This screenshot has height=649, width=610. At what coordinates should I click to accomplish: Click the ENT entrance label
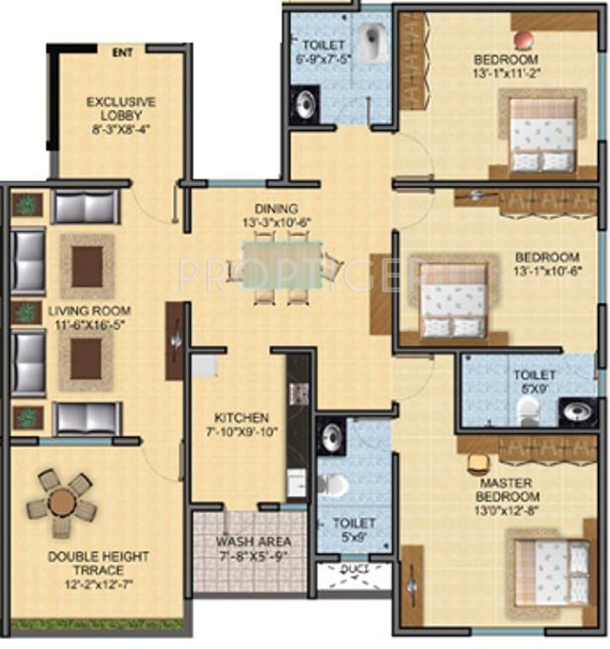click(x=122, y=53)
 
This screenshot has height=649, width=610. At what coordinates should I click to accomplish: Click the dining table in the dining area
click(x=282, y=266)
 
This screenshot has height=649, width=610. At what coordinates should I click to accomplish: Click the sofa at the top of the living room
click(x=84, y=207)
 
